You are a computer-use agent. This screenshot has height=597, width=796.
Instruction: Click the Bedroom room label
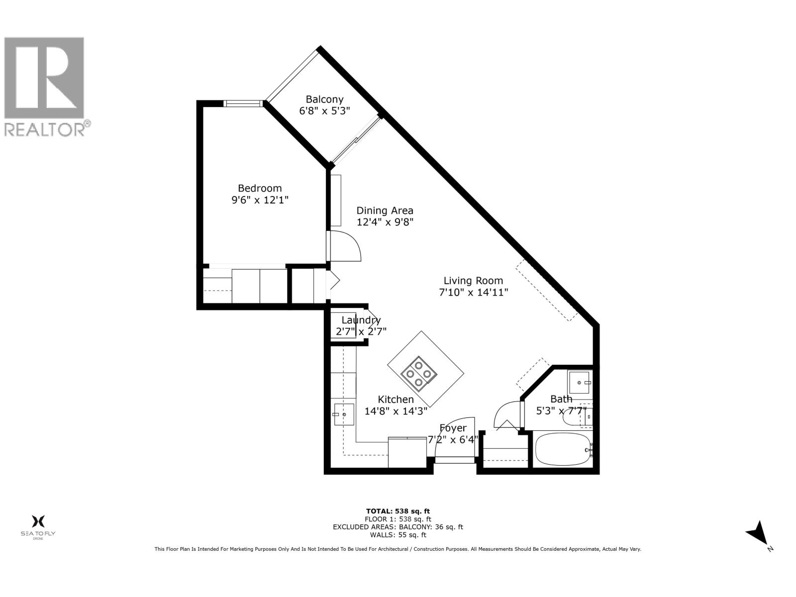point(260,188)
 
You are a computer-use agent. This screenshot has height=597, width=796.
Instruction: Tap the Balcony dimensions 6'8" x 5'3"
point(324,111)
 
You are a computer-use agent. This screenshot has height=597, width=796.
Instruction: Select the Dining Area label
point(385,210)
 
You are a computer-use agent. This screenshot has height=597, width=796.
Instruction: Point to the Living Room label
point(473,281)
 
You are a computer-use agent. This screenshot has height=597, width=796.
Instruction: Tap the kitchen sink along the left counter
point(343,414)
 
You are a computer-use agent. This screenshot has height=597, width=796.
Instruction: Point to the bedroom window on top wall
point(243,103)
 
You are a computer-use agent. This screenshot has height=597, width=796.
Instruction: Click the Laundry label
point(361,320)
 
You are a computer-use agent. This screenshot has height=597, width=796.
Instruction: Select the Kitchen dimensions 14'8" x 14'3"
point(396,411)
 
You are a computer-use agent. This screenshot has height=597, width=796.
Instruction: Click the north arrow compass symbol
point(758,534)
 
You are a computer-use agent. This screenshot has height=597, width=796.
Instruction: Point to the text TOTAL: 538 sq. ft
point(398,511)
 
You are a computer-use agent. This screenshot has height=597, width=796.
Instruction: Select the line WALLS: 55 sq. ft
point(398,535)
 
